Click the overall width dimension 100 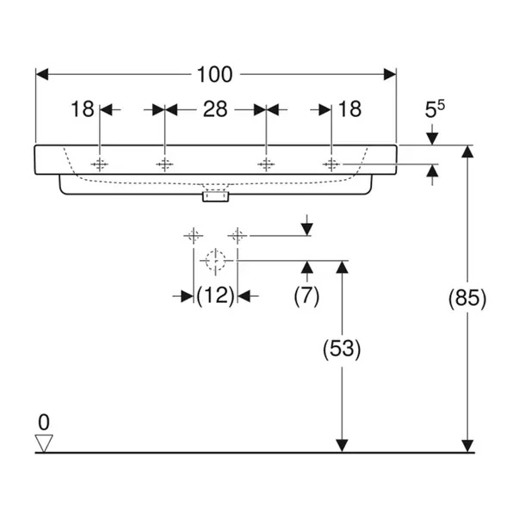pyautogui.click(x=215, y=75)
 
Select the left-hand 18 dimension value pyautogui.click(x=82, y=109)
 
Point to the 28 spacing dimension pyautogui.click(x=215, y=109)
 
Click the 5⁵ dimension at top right pyautogui.click(x=436, y=109)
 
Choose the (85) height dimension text pyautogui.click(x=467, y=298)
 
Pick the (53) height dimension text pyautogui.click(x=342, y=349)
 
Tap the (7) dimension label pyautogui.click(x=306, y=296)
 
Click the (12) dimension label pyautogui.click(x=215, y=296)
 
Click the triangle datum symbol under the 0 pyautogui.click(x=44, y=442)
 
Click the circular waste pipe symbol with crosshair pyautogui.click(x=215, y=259)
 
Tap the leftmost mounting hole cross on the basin pyautogui.click(x=101, y=164)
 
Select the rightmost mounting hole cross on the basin pyautogui.click(x=331, y=164)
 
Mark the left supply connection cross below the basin pyautogui.click(x=194, y=234)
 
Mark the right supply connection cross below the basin pyautogui.click(x=238, y=234)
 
